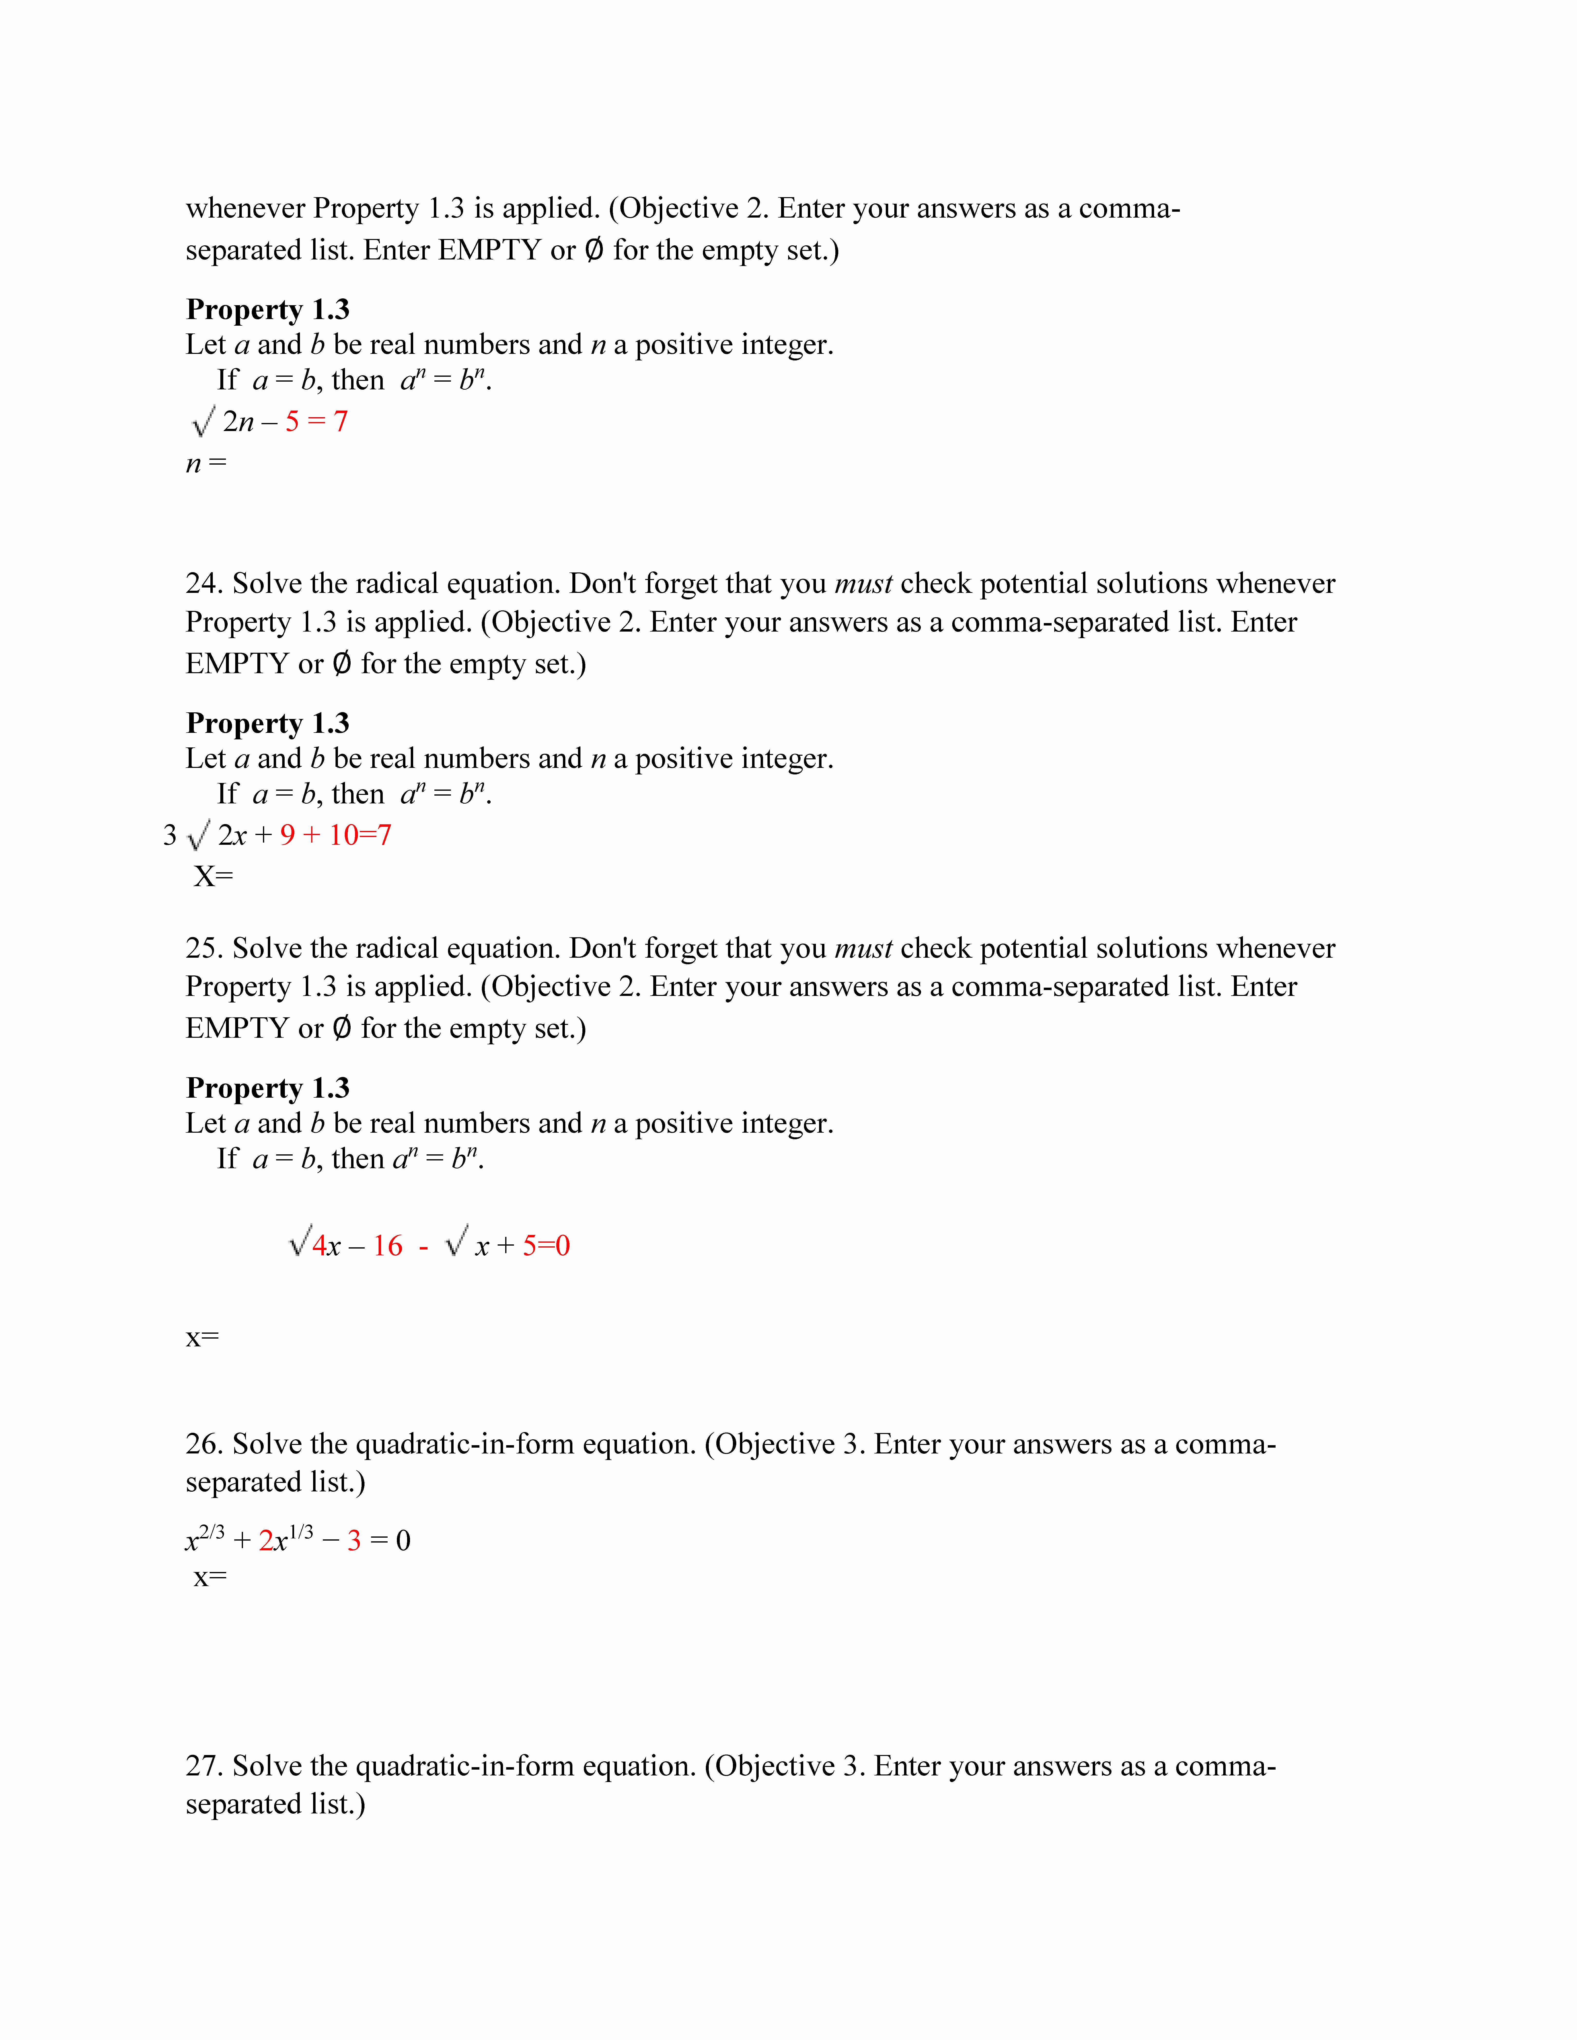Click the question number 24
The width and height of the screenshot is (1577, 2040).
point(202,584)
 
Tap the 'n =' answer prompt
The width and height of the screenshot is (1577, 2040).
point(205,463)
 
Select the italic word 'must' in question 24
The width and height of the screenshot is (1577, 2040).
point(863,584)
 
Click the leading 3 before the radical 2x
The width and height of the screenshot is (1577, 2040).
point(170,835)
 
